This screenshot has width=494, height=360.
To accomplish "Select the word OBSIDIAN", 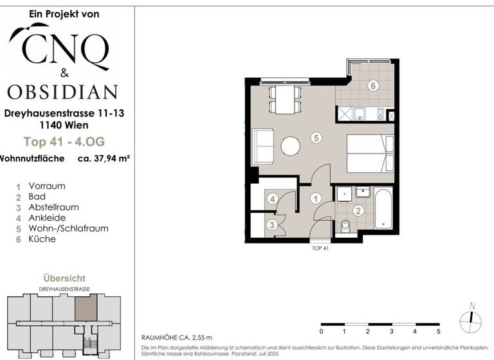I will (x=62, y=91).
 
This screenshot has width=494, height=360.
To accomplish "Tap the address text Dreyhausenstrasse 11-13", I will (x=64, y=113).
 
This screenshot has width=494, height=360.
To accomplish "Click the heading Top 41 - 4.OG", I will (x=63, y=142).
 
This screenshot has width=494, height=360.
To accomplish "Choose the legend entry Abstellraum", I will (x=53, y=207).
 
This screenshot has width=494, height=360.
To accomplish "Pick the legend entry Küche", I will (x=42, y=239).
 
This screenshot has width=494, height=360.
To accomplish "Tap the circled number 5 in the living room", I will (x=315, y=138).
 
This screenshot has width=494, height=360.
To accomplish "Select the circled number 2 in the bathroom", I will (x=358, y=210).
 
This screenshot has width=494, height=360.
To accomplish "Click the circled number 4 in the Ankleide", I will (x=272, y=199).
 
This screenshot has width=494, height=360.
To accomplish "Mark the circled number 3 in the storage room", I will (x=272, y=224).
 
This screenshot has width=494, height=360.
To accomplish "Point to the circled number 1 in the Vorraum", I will (x=315, y=199).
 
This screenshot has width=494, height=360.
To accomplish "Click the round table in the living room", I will (x=291, y=146).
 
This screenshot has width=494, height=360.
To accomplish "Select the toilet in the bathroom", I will (x=345, y=226).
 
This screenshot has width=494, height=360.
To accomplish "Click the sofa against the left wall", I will (x=262, y=146).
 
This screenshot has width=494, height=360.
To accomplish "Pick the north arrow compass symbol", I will (x=471, y=317).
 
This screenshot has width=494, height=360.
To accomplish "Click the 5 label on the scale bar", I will (x=438, y=332).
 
